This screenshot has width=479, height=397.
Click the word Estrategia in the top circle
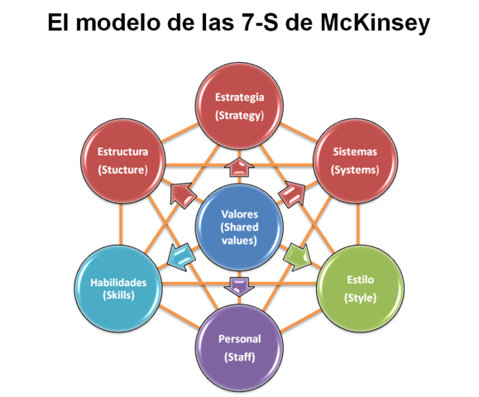click(x=239, y=97)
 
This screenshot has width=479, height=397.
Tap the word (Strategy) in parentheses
click(x=239, y=116)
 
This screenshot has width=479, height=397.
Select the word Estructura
click(x=122, y=151)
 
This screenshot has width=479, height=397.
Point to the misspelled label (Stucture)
click(x=122, y=170)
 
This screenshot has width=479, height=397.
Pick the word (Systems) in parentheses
click(x=355, y=170)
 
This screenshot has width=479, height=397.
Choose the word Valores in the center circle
click(x=239, y=213)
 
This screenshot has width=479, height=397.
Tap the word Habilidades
click(x=118, y=282)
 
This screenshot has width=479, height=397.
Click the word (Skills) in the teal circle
click(x=118, y=295)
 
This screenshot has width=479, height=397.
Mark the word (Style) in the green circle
click(x=361, y=298)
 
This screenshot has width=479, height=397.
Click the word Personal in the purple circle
click(x=239, y=339)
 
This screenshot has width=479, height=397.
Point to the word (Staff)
click(x=239, y=357)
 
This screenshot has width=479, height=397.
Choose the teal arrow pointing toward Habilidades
click(x=180, y=256)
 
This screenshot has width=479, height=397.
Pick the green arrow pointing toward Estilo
click(x=295, y=256)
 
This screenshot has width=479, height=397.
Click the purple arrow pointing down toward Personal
click(x=238, y=286)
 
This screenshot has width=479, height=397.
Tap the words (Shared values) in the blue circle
click(x=239, y=233)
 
